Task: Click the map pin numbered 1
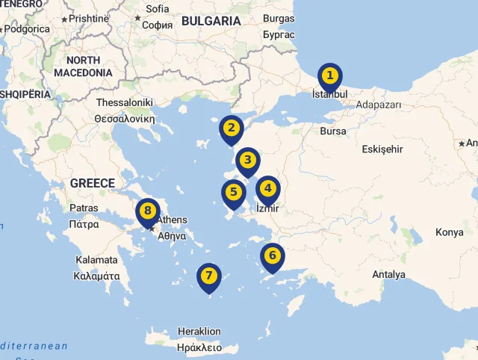(329, 77)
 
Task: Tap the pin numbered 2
(232, 128)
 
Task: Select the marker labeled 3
(248, 161)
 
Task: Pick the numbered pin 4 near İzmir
(267, 189)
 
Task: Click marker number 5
(234, 193)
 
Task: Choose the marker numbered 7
(209, 276)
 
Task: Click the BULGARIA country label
(211, 21)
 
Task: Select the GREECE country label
(93, 183)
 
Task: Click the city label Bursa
(332, 131)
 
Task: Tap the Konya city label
(450, 232)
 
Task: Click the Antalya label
(388, 275)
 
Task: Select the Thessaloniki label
(124, 102)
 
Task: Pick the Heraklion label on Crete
(199, 332)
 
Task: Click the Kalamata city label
(96, 260)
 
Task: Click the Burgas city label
(279, 19)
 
